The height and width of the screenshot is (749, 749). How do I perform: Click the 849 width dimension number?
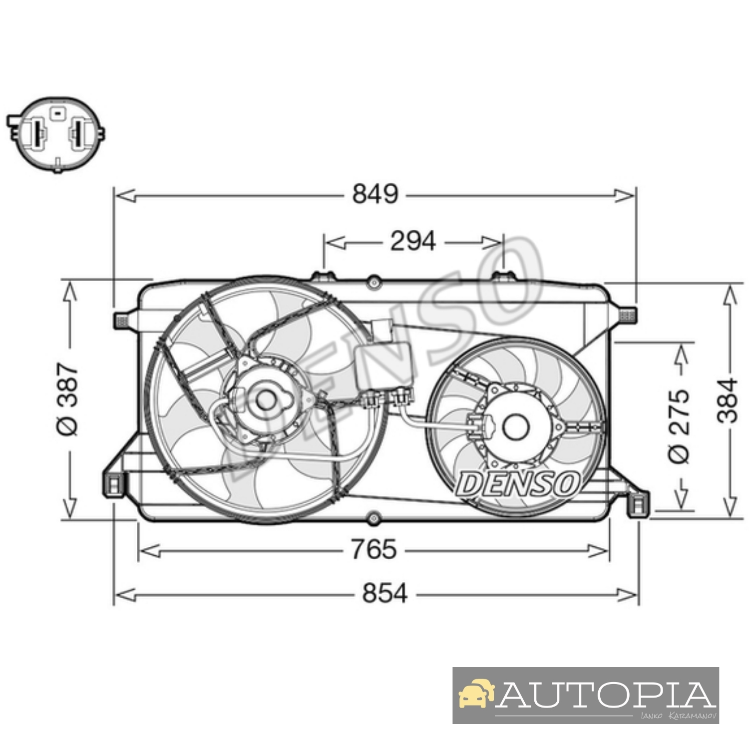(x=375, y=194)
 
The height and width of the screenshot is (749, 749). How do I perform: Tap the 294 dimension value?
(x=413, y=241)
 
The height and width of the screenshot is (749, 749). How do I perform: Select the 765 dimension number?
(x=374, y=549)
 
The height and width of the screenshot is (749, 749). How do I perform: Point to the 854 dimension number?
(x=385, y=593)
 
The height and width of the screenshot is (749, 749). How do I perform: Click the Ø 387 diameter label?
(x=68, y=399)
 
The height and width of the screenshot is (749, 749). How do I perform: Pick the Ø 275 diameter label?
(x=679, y=426)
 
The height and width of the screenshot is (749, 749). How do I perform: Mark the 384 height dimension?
(x=728, y=400)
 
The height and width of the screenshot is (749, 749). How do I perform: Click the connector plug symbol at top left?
(x=56, y=134)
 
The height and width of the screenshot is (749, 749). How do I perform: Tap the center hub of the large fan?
(x=266, y=399)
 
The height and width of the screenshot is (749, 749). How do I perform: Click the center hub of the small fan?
(x=515, y=427)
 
